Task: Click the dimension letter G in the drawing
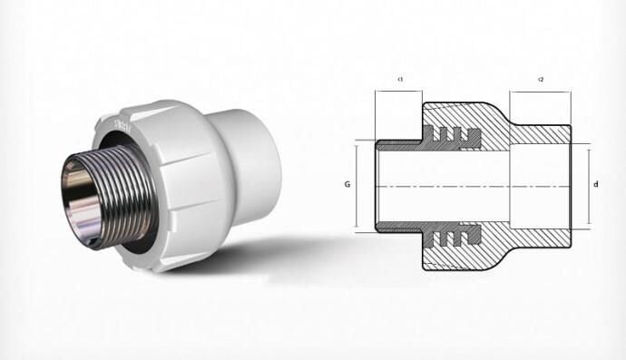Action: coord(347,185)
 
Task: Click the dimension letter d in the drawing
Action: coord(595,186)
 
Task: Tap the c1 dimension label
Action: coord(400,81)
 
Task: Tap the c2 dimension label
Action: coord(541,81)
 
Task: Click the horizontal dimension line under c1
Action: coord(398,91)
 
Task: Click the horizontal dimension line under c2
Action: coord(540,91)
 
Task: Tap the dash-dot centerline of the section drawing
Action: coord(472,186)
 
